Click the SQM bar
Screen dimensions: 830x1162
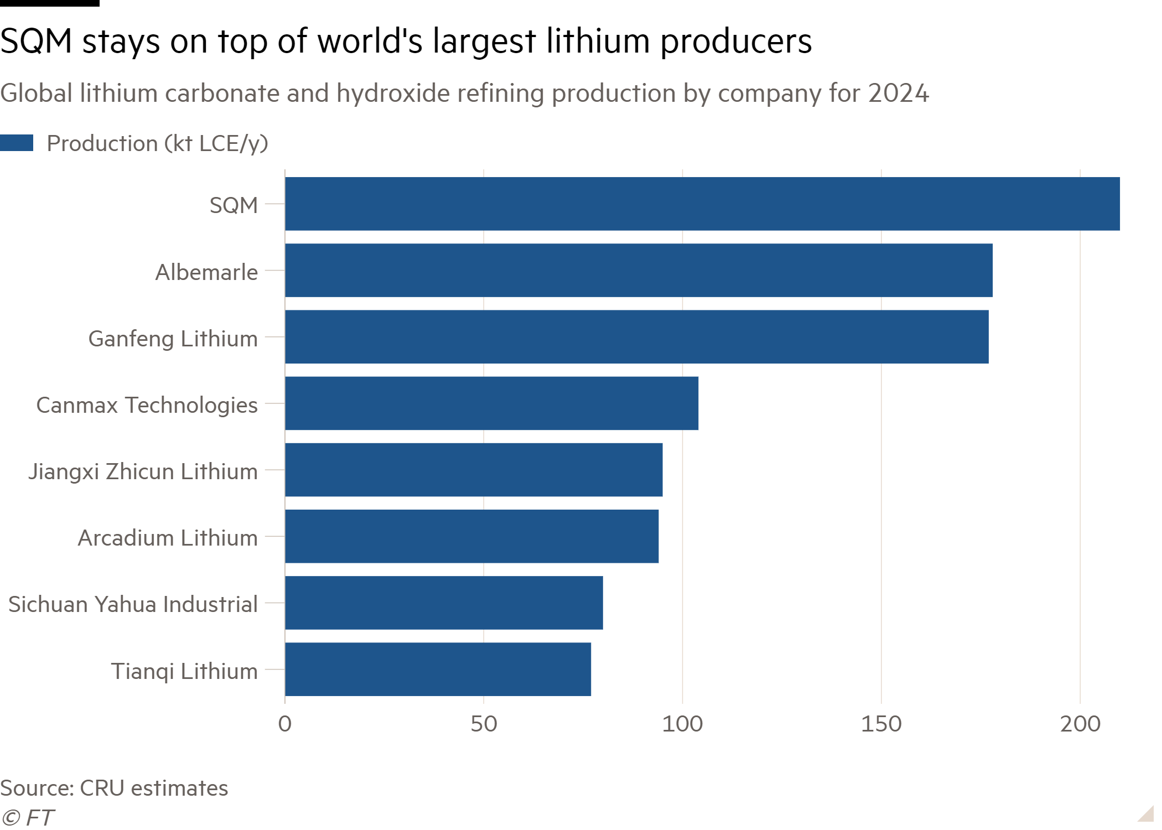click(x=702, y=204)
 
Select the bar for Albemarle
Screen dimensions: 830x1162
click(x=639, y=270)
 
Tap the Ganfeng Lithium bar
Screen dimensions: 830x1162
click(x=636, y=336)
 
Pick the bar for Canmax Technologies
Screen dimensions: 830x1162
click(x=491, y=403)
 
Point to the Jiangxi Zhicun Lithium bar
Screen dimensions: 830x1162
click(x=474, y=470)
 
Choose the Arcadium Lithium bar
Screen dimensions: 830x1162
click(x=471, y=536)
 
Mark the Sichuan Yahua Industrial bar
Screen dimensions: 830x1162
click(x=444, y=603)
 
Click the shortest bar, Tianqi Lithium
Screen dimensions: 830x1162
click(x=438, y=669)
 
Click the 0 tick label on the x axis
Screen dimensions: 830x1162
click(x=284, y=724)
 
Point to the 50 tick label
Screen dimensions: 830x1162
click(x=484, y=724)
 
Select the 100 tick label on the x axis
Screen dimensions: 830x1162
click(x=682, y=724)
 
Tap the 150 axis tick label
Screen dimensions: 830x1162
click(x=881, y=724)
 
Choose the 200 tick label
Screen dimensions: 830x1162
click(x=1080, y=724)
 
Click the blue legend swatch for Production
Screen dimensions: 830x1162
click(x=17, y=143)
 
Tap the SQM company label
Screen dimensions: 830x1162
click(x=234, y=205)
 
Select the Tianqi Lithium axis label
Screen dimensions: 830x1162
click(x=184, y=671)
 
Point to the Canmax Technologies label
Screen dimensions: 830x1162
click(x=147, y=405)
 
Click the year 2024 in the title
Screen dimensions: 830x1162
click(x=899, y=93)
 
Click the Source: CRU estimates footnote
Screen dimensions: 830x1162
click(x=114, y=788)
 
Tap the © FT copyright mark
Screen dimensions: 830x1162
click(x=28, y=817)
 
